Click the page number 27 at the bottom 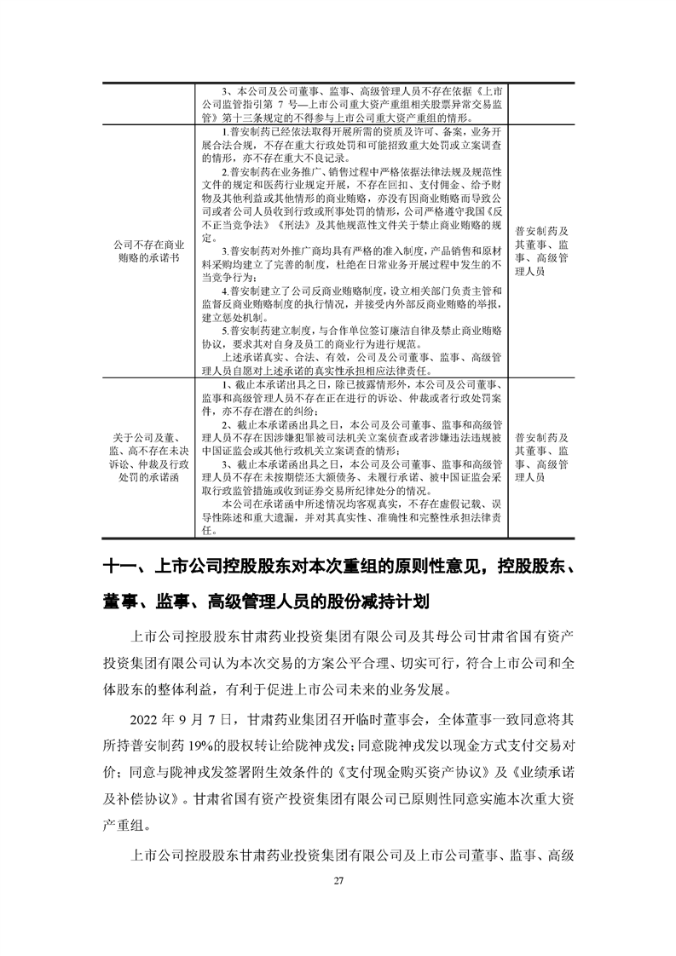(338, 880)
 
